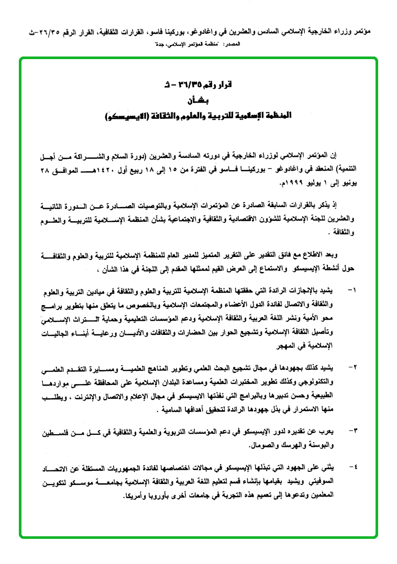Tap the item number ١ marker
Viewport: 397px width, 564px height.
click(x=351, y=289)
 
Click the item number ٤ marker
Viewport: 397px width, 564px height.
click(x=351, y=466)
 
